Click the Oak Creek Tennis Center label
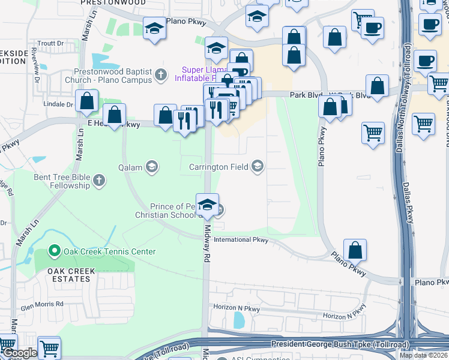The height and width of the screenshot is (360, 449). [109, 252]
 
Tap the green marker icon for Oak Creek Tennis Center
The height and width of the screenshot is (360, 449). [55, 251]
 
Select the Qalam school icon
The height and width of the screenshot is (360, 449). [151, 166]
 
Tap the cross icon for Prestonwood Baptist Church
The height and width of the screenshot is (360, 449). [160, 75]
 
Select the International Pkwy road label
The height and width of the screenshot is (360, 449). [241, 239]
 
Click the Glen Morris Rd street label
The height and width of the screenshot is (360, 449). [42, 304]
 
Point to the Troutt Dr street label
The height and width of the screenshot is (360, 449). [50, 43]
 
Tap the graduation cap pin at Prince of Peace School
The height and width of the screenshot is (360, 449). [207, 204]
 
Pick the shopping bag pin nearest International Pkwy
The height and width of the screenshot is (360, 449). [355, 249]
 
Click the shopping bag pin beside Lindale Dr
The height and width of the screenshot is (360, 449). [87, 101]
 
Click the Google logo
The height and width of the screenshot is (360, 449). [19, 353]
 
